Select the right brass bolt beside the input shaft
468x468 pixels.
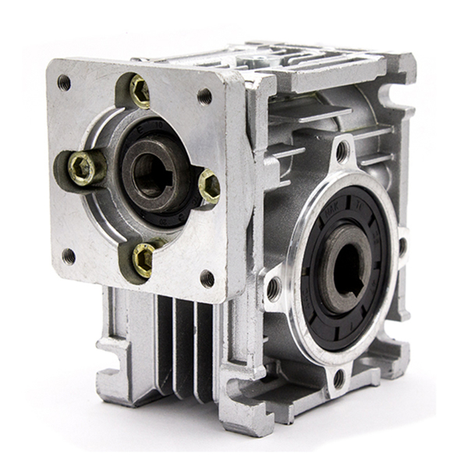209,186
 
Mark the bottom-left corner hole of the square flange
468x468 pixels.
69,255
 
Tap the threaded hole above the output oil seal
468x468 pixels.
341,151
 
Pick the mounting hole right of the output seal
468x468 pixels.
402,246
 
